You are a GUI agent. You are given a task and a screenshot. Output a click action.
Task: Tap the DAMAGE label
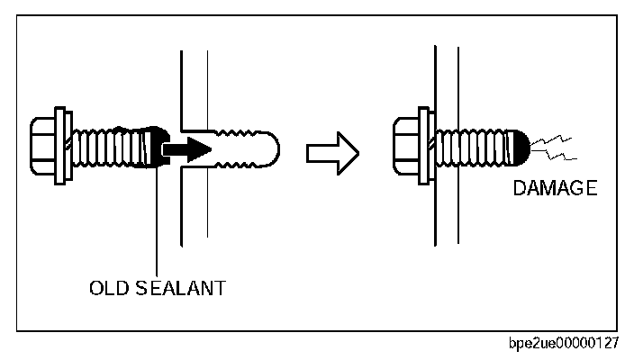pyautogui.click(x=555, y=189)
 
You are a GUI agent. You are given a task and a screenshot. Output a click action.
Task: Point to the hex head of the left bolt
pyautogui.click(x=42, y=146)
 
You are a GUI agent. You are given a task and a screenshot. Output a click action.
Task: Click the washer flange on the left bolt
pyautogui.click(x=61, y=146)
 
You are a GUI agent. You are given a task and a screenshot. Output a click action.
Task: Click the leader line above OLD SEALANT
pyautogui.click(x=158, y=225)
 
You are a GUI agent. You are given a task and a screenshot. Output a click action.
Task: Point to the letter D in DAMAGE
pyautogui.click(x=519, y=189)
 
